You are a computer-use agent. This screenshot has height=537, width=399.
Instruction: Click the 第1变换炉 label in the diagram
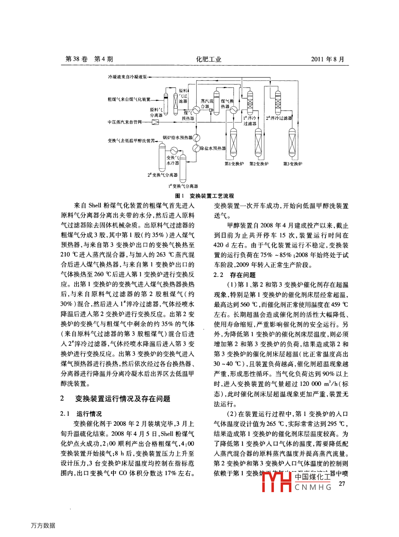[234, 164]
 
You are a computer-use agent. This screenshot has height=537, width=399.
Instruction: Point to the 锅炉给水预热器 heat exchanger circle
[197, 138]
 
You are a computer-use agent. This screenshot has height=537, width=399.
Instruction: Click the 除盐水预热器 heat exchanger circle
[196, 148]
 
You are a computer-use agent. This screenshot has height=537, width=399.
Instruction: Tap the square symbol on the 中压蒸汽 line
[156, 122]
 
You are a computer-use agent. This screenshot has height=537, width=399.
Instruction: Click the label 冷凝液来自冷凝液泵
[127, 77]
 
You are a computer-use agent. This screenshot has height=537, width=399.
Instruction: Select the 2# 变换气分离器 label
[162, 175]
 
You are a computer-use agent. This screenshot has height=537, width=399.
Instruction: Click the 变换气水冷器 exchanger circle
[174, 150]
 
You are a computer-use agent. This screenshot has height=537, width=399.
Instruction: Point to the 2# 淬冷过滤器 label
[279, 118]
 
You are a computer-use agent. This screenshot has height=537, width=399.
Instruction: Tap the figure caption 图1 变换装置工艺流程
[204, 196]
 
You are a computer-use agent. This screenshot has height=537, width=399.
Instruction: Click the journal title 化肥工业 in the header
[209, 59]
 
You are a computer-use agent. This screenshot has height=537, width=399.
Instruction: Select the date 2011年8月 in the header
[327, 59]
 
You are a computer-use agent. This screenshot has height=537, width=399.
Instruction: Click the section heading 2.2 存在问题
[235, 275]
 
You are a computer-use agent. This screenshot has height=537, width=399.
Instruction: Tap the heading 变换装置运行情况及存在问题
[122, 399]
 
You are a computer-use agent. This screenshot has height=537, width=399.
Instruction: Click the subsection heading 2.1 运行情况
[81, 414]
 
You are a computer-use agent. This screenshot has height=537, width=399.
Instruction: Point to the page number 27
[342, 484]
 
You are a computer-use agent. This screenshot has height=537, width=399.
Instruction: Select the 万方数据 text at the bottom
[43, 525]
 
